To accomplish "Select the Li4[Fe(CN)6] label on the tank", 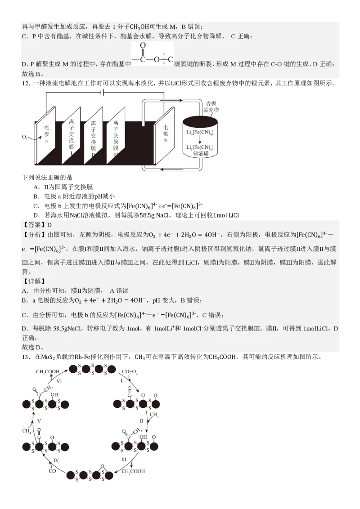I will pos(199,133).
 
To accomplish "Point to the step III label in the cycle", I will pos(124,459).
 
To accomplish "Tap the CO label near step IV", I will pos(52,472).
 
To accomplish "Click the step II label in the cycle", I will pos(141,421).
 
